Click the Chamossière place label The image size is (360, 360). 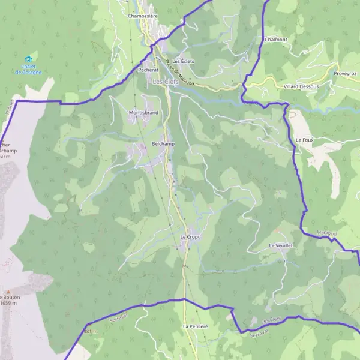142,16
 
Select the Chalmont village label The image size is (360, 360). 275,40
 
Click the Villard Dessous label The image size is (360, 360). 301,86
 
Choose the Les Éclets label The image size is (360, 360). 184,61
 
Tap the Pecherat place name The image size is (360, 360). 148,70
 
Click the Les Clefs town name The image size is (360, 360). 165,82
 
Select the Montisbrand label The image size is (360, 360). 143,112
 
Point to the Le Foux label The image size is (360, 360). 305,139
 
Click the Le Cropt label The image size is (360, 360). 190,237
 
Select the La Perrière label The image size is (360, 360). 195,326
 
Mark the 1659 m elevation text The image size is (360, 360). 8,303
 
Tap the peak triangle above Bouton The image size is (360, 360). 8,290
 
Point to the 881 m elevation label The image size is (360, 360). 90,331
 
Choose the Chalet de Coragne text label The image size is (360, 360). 28,70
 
